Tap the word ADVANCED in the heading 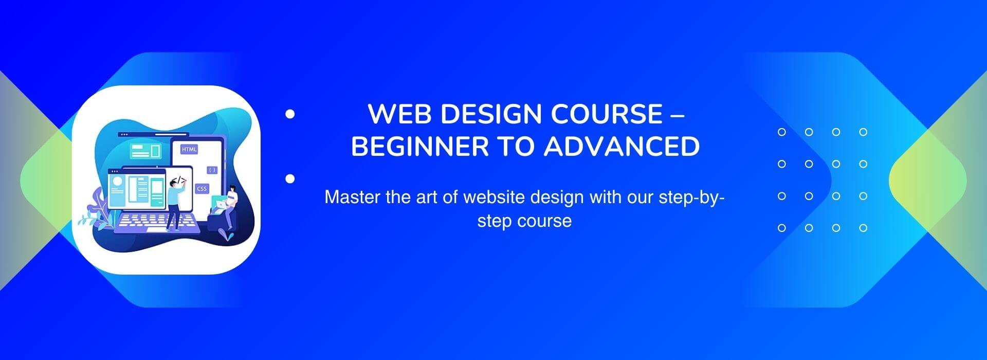tap(622, 146)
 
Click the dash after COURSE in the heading tap(678, 115)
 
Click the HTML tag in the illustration tap(189, 149)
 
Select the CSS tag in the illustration tap(202, 189)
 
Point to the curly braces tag tap(212, 169)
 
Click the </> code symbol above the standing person tap(181, 179)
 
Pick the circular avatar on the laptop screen tap(117, 181)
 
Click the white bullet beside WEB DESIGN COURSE tap(290, 114)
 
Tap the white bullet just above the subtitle tap(290, 178)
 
